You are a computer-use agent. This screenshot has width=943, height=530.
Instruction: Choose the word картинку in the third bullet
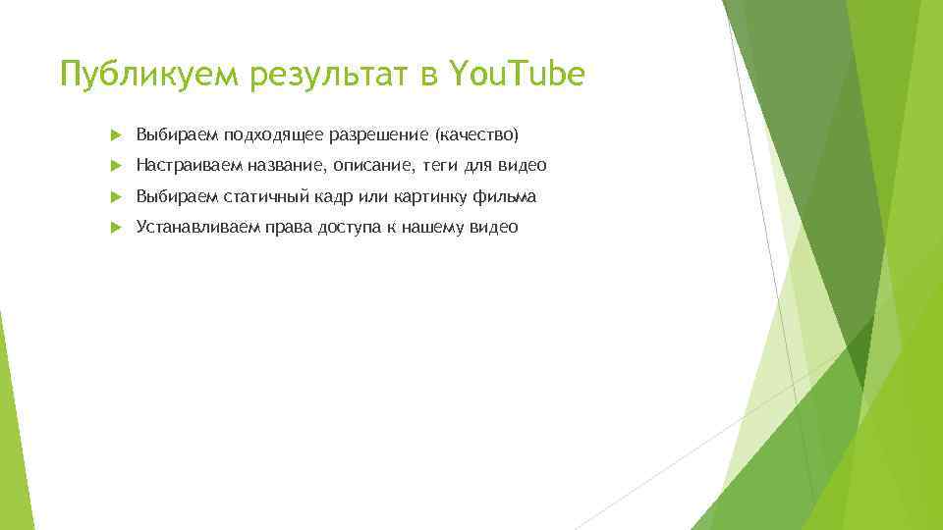pos(428,197)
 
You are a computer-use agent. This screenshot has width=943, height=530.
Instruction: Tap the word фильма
pos(505,197)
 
